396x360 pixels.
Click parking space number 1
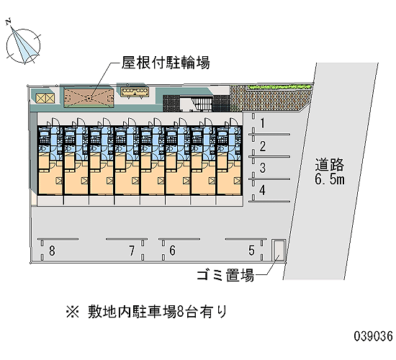(x=263, y=123)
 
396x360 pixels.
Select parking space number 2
(x=263, y=146)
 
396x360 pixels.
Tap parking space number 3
(x=263, y=168)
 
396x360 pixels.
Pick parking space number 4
(x=262, y=190)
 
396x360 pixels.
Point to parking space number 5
(x=251, y=251)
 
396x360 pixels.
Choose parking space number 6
(x=173, y=251)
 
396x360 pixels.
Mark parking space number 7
(x=132, y=251)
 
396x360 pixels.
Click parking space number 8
(x=52, y=251)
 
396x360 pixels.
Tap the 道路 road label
(x=329, y=165)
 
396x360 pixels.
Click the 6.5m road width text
(x=330, y=179)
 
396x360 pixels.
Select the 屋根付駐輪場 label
(x=166, y=63)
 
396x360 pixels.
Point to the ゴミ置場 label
(x=225, y=275)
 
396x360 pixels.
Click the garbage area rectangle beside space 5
(x=279, y=250)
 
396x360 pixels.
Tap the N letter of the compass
(x=9, y=22)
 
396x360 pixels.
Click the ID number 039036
(x=373, y=336)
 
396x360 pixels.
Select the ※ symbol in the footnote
(x=73, y=312)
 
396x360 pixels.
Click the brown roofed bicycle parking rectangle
(x=89, y=98)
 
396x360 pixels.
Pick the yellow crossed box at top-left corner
(x=45, y=98)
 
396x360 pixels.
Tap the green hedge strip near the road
(x=279, y=87)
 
